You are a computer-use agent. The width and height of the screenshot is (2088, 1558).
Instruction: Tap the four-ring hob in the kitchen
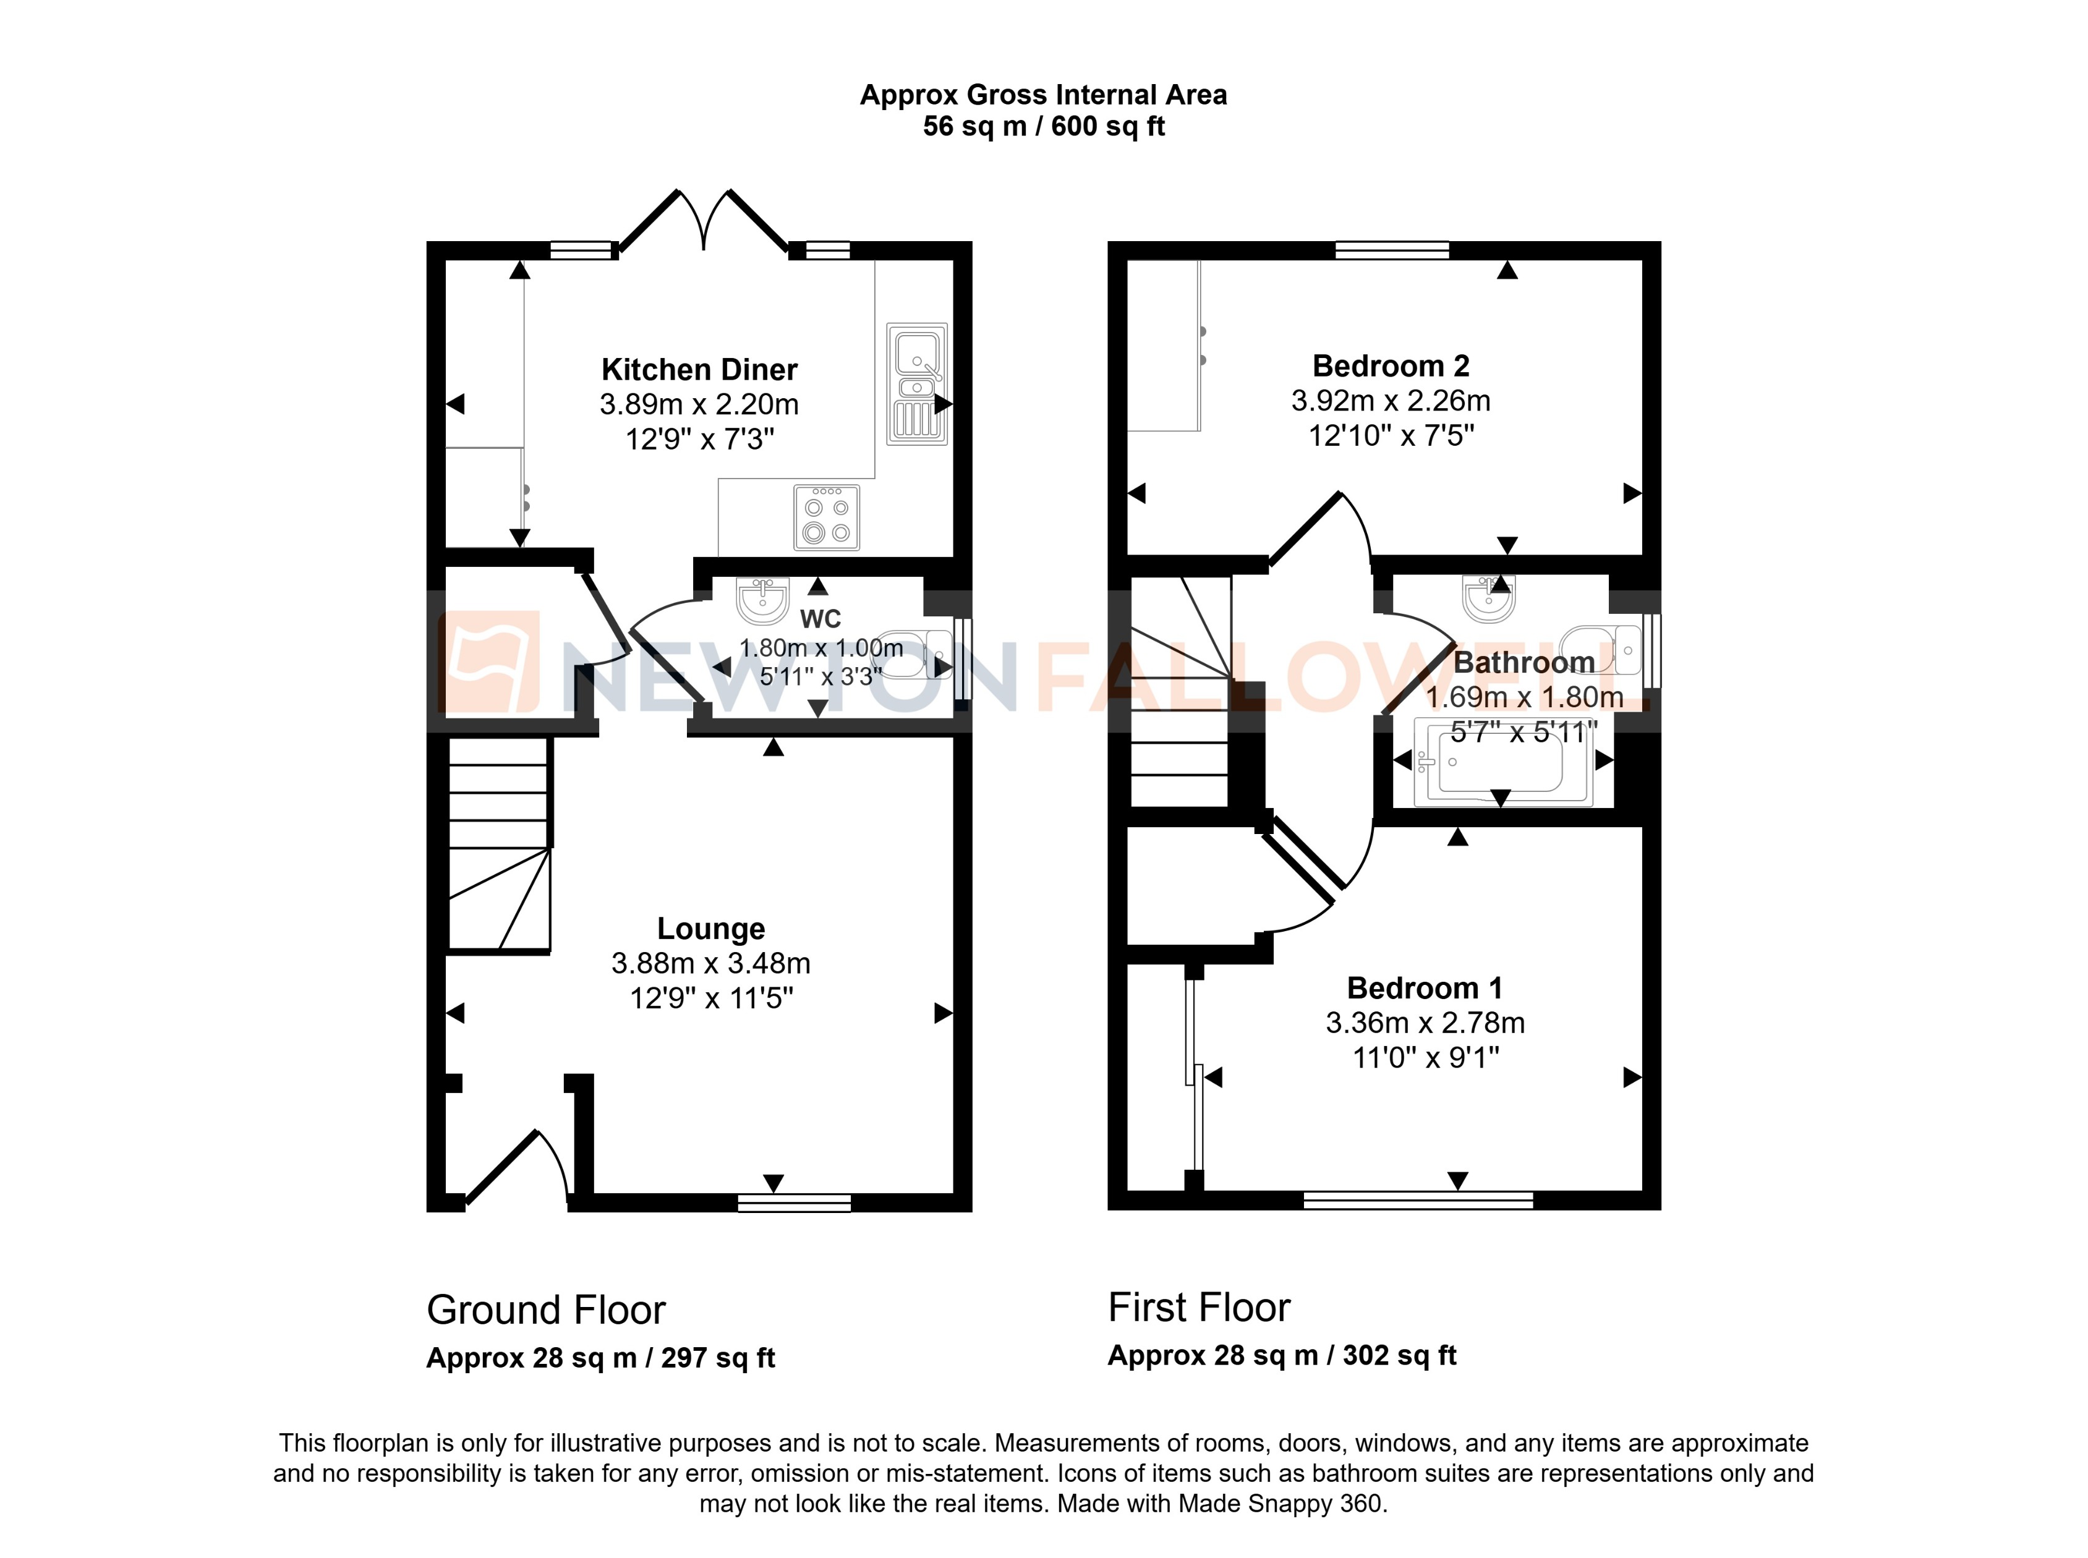826,517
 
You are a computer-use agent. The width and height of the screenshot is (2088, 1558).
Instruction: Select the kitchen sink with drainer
916,384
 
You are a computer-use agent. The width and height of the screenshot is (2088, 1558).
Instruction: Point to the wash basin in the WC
762,601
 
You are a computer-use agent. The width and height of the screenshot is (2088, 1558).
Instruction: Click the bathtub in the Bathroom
1502,762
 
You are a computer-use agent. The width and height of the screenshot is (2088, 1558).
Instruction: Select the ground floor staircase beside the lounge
498,843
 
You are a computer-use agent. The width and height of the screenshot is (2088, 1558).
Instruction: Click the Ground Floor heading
545,1310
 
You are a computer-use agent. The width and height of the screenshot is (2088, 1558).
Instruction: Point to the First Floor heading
1199,1307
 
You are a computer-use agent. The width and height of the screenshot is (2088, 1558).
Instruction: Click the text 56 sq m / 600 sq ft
1043,126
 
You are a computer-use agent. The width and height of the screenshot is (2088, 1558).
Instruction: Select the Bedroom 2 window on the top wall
1392,250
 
